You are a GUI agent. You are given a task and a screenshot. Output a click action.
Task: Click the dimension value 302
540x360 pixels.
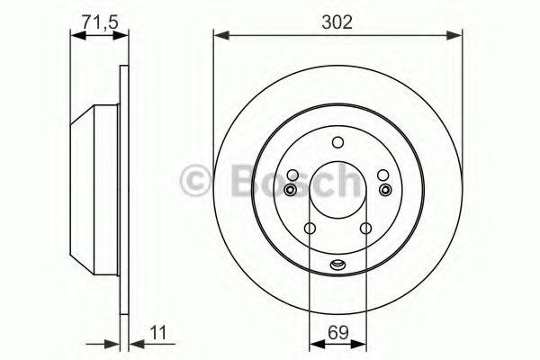click(337, 22)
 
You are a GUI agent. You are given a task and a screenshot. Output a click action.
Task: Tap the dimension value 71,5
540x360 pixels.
click(100, 22)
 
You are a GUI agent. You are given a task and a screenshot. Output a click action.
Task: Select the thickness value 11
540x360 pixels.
click(158, 333)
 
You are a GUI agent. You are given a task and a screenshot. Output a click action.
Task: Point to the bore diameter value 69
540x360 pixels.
click(338, 333)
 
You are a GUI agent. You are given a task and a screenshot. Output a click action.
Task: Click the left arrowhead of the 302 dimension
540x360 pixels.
click(221, 35)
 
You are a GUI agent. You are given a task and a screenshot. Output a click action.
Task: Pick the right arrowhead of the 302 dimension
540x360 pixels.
click(454, 35)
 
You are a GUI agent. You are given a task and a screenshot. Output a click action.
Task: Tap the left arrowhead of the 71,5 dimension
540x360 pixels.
click(78, 35)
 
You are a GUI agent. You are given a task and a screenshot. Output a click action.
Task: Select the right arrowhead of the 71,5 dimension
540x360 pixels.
click(121, 35)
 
